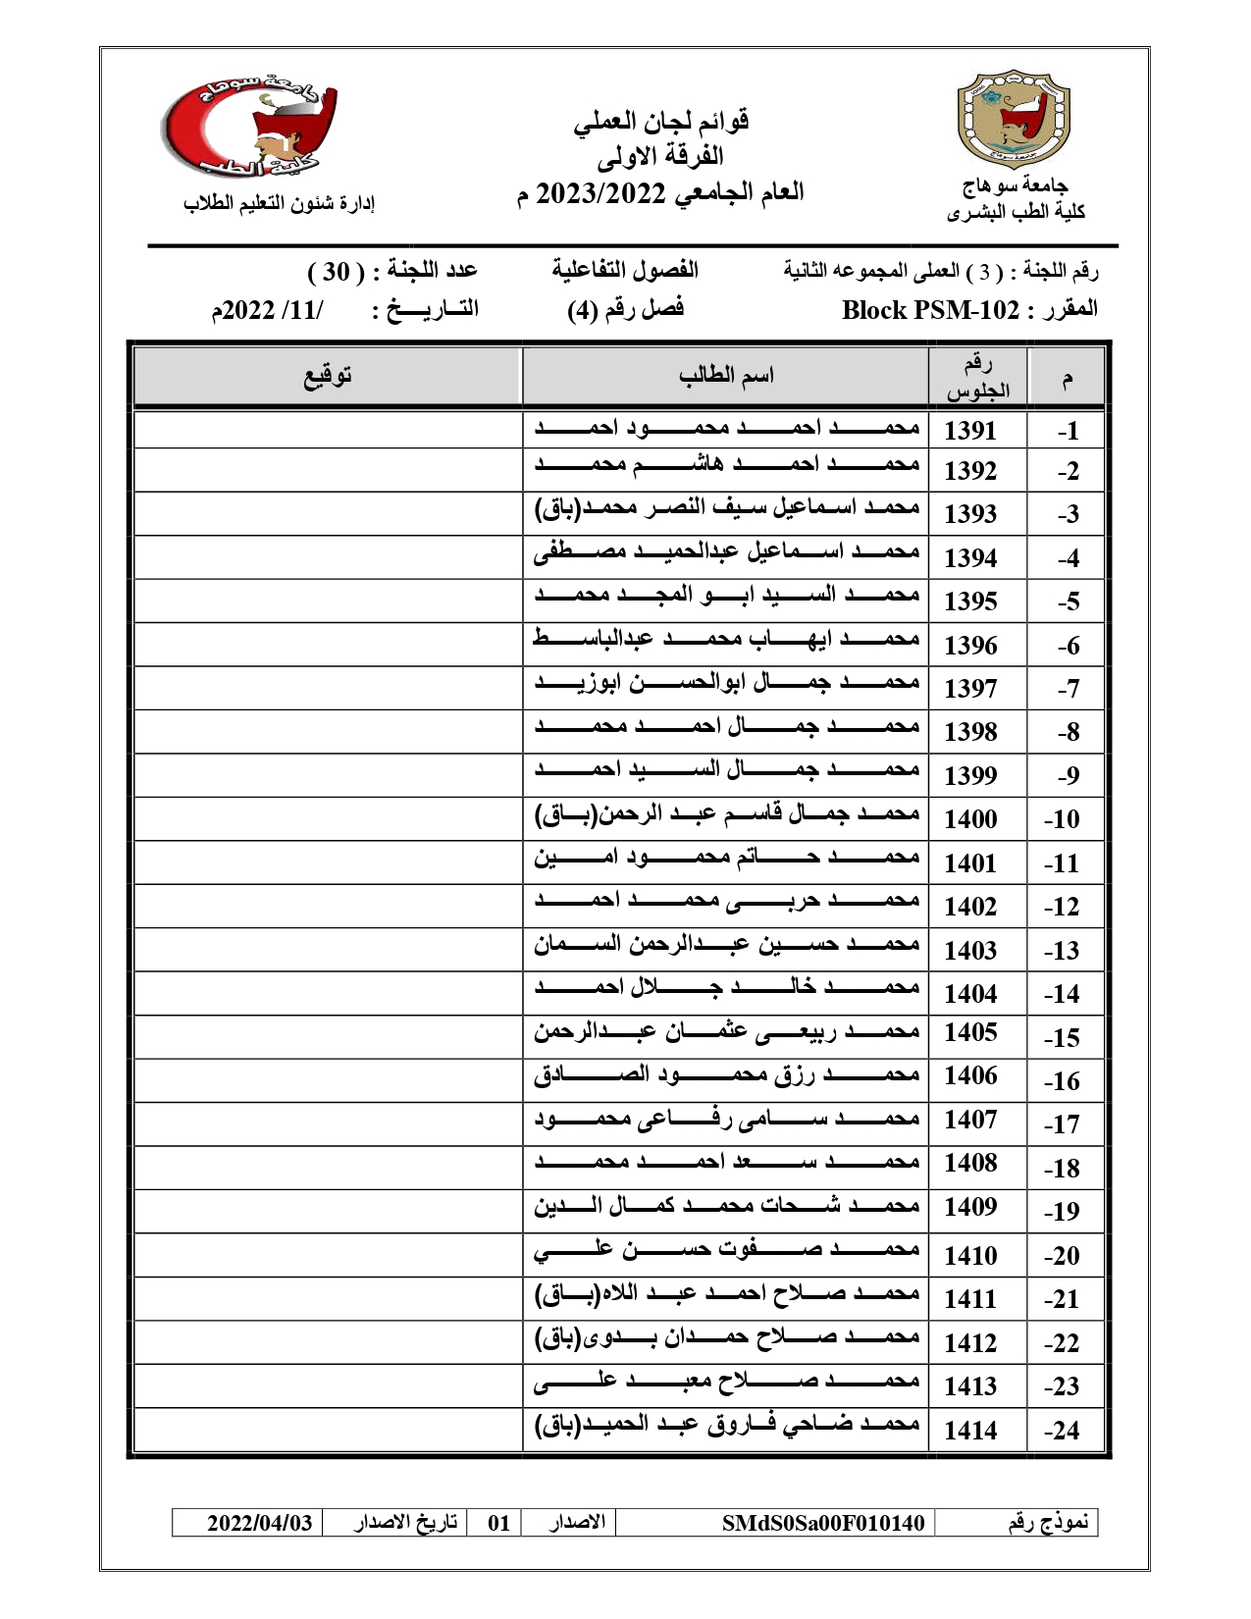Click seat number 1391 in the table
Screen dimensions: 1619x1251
coord(969,430)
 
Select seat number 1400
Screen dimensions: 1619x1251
coord(969,818)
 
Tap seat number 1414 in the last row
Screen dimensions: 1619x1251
coord(969,1431)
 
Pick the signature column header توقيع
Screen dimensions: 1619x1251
coord(327,375)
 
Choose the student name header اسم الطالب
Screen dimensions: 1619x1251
coord(726,375)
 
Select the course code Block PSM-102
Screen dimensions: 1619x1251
coord(930,310)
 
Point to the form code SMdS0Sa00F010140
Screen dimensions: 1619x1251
coord(822,1523)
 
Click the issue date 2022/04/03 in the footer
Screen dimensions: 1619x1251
coord(259,1523)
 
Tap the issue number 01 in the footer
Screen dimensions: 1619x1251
coord(498,1523)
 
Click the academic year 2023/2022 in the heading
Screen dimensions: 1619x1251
coord(600,192)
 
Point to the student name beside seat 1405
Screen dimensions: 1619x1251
coord(726,1032)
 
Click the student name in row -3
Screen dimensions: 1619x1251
coord(726,510)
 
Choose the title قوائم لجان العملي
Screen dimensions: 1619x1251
coord(661,122)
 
